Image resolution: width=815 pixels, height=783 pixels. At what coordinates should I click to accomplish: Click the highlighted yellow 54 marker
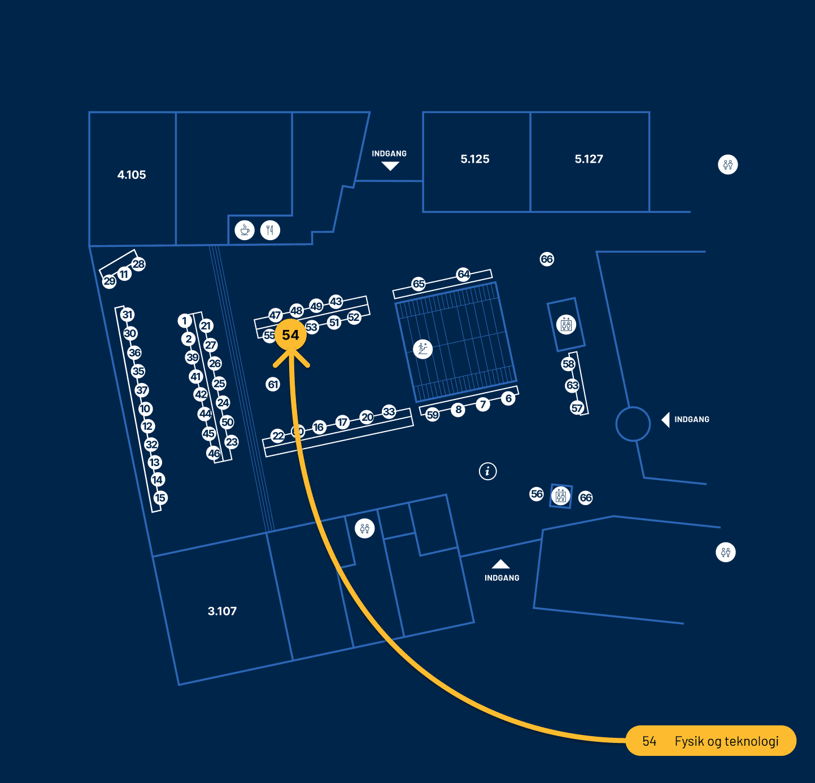pyautogui.click(x=290, y=335)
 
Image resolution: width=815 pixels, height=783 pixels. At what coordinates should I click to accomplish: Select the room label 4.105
pyautogui.click(x=132, y=175)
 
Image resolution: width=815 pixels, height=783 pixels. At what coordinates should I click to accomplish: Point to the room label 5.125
pyautogui.click(x=475, y=159)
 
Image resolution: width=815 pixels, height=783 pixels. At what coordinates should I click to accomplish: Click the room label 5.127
pyautogui.click(x=589, y=159)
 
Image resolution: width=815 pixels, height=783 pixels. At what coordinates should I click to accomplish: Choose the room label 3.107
pyautogui.click(x=222, y=611)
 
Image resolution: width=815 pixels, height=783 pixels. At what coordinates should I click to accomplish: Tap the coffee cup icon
pyautogui.click(x=245, y=230)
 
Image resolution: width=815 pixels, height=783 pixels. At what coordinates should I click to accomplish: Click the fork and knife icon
pyautogui.click(x=271, y=230)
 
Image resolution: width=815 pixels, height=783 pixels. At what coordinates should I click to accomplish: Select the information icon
pyautogui.click(x=488, y=471)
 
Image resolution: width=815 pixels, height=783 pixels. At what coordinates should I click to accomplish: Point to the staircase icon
pyautogui.click(x=422, y=349)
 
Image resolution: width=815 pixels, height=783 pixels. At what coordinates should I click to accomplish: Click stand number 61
pyautogui.click(x=273, y=385)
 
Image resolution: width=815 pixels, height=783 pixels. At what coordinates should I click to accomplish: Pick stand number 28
pyautogui.click(x=138, y=264)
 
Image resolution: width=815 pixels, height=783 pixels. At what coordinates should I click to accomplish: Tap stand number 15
pyautogui.click(x=160, y=498)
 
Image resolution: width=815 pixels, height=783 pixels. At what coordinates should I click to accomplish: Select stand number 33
pyautogui.click(x=389, y=411)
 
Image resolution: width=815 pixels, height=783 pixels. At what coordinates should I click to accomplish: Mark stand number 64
pyautogui.click(x=464, y=274)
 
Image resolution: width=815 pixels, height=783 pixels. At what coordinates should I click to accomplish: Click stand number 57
pyautogui.click(x=577, y=408)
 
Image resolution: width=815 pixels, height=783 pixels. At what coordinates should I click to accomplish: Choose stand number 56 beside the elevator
pyautogui.click(x=537, y=494)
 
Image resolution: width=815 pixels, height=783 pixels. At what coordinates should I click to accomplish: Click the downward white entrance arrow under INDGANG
pyautogui.click(x=390, y=166)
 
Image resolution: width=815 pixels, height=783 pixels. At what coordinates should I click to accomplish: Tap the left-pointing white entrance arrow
pyautogui.click(x=666, y=420)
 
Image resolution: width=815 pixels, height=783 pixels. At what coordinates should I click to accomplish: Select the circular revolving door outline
pyautogui.click(x=633, y=424)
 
